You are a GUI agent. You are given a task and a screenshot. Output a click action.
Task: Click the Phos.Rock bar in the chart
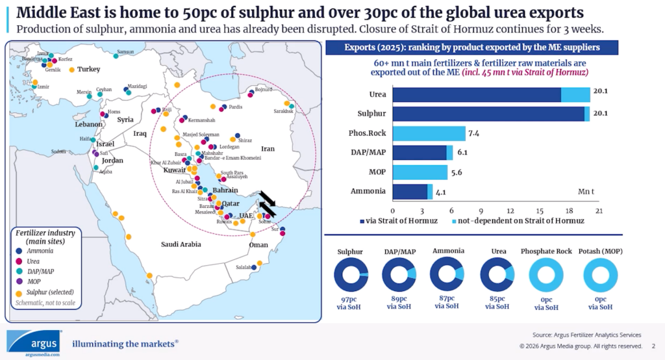point(429,134)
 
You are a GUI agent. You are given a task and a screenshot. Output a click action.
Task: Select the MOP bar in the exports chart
point(420,172)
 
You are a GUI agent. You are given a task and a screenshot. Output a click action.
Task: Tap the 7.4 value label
point(473,134)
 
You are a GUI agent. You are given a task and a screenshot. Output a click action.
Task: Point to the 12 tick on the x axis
point(510,211)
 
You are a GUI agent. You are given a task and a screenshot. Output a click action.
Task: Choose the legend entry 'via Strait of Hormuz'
point(399,221)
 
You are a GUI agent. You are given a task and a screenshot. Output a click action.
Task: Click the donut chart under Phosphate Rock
point(546,276)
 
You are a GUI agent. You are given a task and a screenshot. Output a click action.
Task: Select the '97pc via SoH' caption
point(351,302)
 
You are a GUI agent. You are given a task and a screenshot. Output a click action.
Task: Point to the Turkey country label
point(88,69)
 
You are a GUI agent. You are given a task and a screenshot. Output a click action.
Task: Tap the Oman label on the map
point(258,245)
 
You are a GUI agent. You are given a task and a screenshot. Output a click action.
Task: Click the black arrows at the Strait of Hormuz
point(268,202)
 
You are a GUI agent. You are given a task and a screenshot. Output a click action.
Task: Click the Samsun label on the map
point(125,51)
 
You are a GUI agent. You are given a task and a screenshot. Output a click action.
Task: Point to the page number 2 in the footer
point(653,346)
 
